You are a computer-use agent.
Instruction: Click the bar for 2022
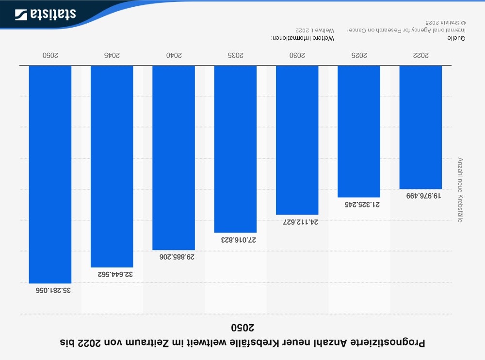pyautogui.click(x=420, y=127)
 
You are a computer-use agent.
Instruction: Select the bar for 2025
pyautogui.click(x=359, y=131)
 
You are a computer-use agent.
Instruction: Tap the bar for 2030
pyautogui.click(x=297, y=140)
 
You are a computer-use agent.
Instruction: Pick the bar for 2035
pyautogui.click(x=235, y=149)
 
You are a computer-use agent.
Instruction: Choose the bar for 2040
pyautogui.click(x=174, y=157)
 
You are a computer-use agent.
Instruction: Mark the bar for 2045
pyautogui.click(x=112, y=166)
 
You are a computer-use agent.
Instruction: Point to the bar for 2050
pyautogui.click(x=50, y=174)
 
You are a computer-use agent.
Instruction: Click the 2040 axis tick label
pyautogui.click(x=174, y=55)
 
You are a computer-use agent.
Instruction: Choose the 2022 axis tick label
pyautogui.click(x=420, y=55)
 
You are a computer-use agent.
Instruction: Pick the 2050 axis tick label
pyautogui.click(x=50, y=55)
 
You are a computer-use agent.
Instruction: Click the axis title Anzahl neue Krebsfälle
pyautogui.click(x=460, y=189)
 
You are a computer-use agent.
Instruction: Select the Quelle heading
pyautogui.click(x=456, y=38)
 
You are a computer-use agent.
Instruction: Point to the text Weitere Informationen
pyautogui.click(x=303, y=38)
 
